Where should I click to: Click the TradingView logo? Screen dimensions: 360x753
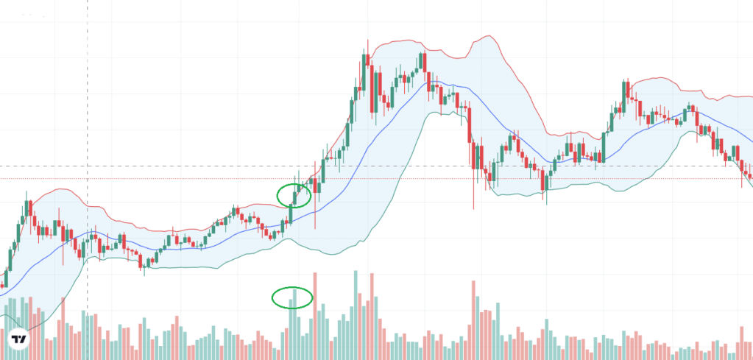pyautogui.click(x=19, y=340)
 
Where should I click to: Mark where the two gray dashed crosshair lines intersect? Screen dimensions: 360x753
pyautogui.click(x=88, y=166)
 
